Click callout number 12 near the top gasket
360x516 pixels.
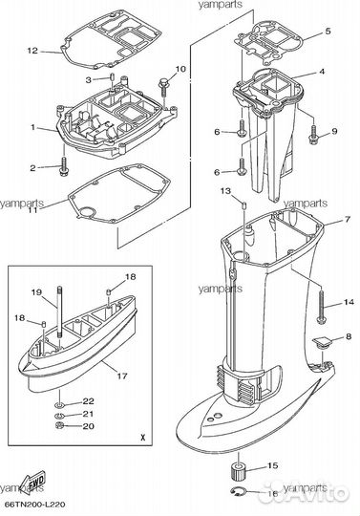tap(32, 50)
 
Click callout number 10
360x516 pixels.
tap(180, 70)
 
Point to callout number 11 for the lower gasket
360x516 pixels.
tap(32, 209)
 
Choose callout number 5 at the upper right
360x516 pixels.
tap(328, 32)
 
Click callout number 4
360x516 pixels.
tap(321, 72)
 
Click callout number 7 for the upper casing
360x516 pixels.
tap(321, 221)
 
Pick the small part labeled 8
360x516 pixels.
tap(322, 342)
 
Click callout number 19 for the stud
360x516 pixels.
tap(36, 291)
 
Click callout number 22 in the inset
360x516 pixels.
tap(88, 400)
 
